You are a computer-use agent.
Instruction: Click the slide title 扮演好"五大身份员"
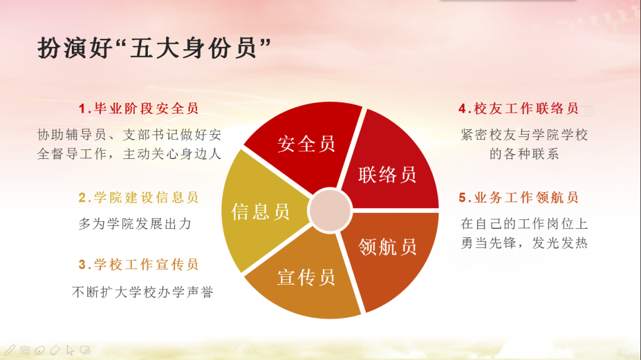tap(154, 48)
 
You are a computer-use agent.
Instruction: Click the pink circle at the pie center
tap(330, 210)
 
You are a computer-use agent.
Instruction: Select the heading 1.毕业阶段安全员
tap(138, 109)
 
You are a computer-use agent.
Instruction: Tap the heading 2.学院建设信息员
tap(138, 197)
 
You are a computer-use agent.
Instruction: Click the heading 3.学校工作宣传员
tap(138, 265)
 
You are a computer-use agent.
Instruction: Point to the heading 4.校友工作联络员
tap(519, 109)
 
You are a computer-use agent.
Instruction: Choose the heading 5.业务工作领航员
tap(519, 197)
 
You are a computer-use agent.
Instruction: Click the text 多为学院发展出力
tap(135, 224)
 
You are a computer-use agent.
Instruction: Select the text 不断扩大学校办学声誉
tap(142, 292)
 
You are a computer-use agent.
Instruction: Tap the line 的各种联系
tap(524, 154)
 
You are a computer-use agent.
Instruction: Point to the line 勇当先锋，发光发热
tap(524, 243)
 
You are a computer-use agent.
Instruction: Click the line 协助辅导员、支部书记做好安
tap(129, 135)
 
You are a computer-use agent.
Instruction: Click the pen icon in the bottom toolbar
tap(10, 350)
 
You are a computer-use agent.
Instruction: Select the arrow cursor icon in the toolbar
tap(70, 351)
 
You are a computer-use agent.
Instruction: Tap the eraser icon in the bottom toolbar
tap(55, 350)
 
